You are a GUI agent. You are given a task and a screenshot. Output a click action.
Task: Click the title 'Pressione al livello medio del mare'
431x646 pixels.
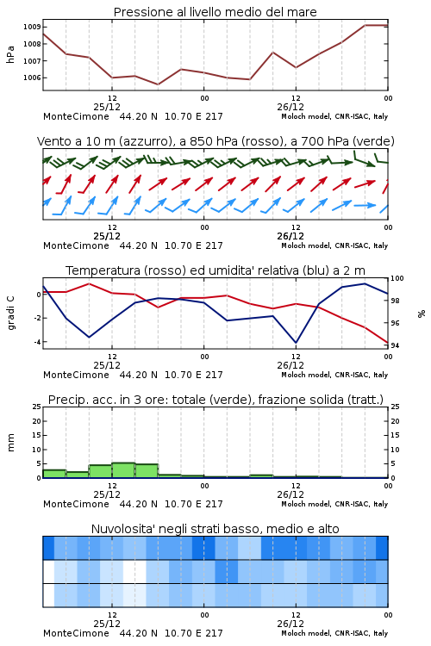tap(215, 12)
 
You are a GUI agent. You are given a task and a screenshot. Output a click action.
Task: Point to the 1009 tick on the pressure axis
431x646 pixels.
tap(32, 28)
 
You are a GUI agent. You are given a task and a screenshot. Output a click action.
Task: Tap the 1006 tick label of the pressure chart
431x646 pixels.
tap(32, 78)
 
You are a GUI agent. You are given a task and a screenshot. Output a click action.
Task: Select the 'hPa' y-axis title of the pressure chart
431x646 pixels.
tap(10, 54)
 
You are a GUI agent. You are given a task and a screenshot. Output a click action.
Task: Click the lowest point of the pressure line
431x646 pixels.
tap(158, 84)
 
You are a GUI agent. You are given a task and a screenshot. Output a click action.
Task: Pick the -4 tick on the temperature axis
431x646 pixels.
tap(37, 342)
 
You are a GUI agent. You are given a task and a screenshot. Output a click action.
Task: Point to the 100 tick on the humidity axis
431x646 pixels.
tap(397, 278)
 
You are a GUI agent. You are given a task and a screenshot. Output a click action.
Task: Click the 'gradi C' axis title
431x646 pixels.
tap(11, 314)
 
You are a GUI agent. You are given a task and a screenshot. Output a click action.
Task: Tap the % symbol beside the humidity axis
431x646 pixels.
tap(422, 314)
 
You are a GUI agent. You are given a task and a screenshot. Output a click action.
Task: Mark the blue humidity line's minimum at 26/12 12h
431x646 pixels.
tap(296, 342)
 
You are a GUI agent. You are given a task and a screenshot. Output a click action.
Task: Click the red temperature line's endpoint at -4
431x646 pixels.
tap(387, 342)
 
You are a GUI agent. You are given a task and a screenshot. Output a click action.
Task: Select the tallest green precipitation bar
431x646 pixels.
tap(123, 470)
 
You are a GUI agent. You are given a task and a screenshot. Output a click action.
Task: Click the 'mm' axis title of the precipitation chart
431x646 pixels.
tap(10, 443)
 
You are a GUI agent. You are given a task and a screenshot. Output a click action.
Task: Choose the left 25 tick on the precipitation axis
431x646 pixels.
tap(37, 407)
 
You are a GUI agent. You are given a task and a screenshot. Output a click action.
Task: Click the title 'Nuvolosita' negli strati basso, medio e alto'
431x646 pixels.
tap(215, 529)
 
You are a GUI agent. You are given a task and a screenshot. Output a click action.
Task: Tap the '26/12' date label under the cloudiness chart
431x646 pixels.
tap(290, 624)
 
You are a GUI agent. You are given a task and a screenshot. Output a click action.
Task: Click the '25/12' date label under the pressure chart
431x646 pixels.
tap(107, 107)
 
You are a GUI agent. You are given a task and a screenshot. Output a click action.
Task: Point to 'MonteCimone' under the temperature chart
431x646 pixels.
tap(77, 375)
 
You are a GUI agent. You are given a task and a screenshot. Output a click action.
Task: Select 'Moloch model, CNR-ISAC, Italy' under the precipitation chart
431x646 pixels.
tap(334, 504)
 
